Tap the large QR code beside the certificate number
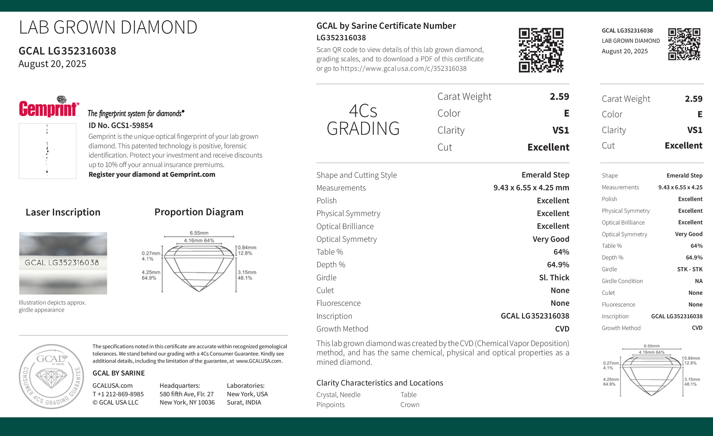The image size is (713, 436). click(x=541, y=50)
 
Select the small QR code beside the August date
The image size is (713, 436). click(x=684, y=44)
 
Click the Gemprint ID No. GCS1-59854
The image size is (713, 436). click(x=121, y=125)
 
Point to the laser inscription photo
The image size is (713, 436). click(x=63, y=263)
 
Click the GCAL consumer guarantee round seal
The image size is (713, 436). click(x=52, y=376)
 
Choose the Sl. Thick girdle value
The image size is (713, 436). click(x=554, y=278)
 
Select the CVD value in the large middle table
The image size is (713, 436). click(x=562, y=329)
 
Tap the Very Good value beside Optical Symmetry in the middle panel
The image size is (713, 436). click(x=551, y=239)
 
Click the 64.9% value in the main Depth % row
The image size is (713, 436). click(x=558, y=265)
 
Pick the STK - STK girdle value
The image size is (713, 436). click(x=690, y=269)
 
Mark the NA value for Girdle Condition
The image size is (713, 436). click(x=698, y=281)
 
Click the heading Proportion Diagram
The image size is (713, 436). click(x=199, y=212)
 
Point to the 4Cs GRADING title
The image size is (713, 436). click(x=363, y=120)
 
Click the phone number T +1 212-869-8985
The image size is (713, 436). click(x=118, y=394)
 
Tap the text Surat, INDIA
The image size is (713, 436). click(x=244, y=402)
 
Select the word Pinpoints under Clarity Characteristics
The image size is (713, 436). click(x=330, y=405)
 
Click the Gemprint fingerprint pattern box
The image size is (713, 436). click(x=48, y=151)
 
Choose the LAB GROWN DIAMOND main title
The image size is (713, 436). click(x=108, y=27)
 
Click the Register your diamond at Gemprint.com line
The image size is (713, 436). click(x=152, y=174)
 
